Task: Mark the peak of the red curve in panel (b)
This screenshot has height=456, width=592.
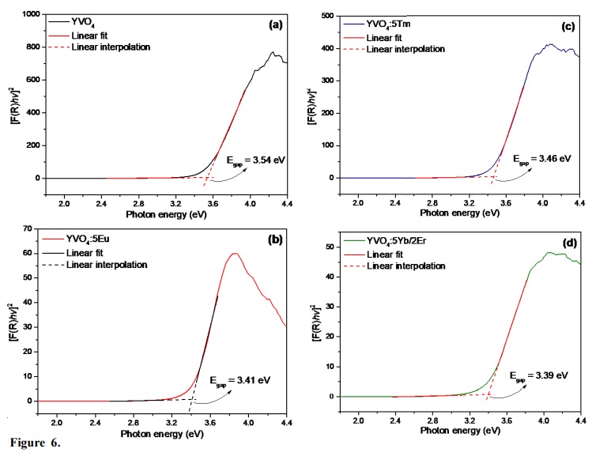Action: pyautogui.click(x=235, y=254)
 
